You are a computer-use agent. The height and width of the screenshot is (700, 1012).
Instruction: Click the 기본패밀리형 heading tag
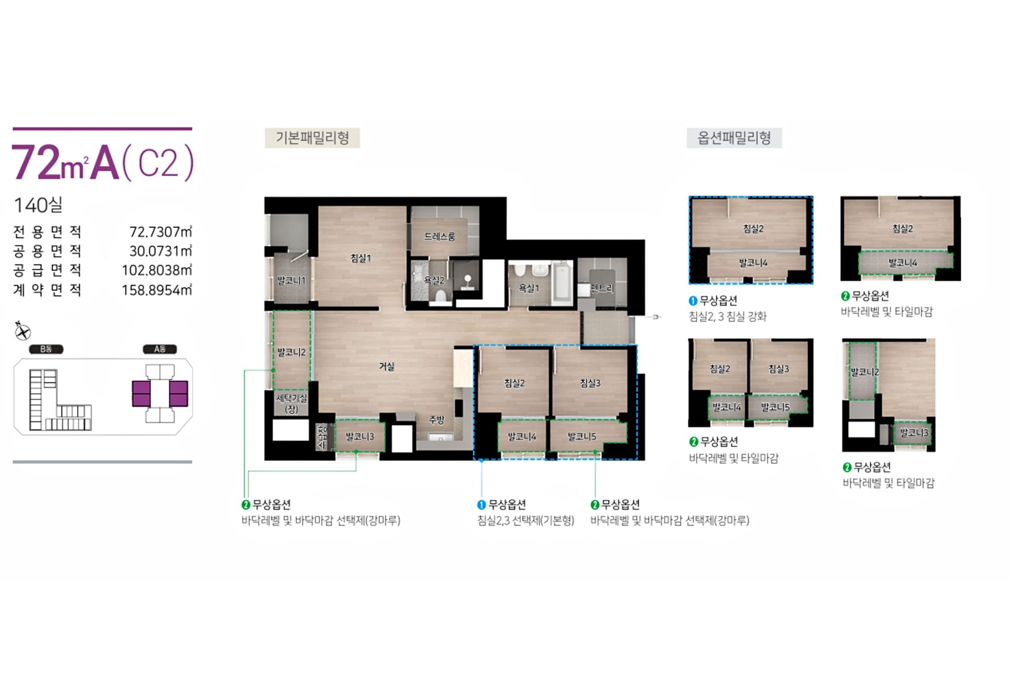tap(312, 138)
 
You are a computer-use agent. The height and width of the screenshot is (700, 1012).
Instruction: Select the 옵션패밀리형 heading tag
tap(734, 138)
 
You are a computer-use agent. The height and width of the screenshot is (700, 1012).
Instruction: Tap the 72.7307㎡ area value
tap(160, 232)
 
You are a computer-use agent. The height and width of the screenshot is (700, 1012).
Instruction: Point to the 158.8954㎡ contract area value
tap(157, 290)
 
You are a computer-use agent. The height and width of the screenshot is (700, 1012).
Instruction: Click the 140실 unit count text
tap(38, 205)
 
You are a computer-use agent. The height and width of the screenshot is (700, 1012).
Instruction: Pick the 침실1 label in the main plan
tap(361, 258)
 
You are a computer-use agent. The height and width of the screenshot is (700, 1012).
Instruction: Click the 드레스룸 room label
tap(440, 236)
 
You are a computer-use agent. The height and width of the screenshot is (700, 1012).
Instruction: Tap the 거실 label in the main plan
tap(386, 366)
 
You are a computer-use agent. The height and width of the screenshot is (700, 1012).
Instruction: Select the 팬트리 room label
tap(602, 288)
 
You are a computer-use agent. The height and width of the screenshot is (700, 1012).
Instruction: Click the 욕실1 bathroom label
tap(529, 288)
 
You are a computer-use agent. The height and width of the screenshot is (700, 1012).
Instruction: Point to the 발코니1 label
tap(291, 280)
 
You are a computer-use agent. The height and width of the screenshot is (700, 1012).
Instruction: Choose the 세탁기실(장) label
tap(291, 403)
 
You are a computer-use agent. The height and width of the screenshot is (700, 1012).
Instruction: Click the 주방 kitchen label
tap(436, 420)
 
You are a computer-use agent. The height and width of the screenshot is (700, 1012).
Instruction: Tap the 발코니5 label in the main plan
tap(582, 436)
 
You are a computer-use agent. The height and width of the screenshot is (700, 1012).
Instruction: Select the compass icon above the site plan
tap(22, 331)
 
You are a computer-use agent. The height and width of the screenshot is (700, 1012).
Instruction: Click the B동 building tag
tap(46, 349)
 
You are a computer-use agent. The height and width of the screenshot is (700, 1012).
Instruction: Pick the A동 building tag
tap(160, 349)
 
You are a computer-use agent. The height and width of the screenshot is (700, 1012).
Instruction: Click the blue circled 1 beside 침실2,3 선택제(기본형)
tap(481, 505)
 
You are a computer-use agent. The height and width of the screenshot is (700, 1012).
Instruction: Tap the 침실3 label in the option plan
tap(779, 369)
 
